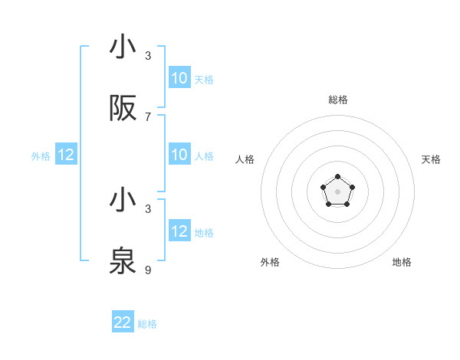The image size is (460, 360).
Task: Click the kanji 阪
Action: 123,110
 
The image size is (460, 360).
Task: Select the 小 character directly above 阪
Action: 123,47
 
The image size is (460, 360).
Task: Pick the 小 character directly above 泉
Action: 123,201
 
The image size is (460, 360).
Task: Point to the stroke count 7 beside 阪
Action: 148,117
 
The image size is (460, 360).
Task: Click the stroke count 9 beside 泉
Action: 148,270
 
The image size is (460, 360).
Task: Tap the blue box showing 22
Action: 123,322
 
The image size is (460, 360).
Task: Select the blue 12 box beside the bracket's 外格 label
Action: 65,155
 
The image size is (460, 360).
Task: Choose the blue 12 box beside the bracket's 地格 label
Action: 179,232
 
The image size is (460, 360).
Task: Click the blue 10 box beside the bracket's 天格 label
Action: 179,78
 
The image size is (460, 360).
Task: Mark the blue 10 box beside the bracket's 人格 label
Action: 179,155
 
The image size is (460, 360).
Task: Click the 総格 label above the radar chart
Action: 337,100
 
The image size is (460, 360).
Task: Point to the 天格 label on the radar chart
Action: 431,159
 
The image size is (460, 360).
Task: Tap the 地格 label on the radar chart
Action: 402,262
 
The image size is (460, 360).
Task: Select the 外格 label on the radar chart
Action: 270,262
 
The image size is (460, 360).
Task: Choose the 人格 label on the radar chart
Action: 245,159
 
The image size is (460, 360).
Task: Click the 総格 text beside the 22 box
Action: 147,324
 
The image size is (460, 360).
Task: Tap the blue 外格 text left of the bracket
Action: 41,156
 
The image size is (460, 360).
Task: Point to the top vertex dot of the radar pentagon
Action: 337,177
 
